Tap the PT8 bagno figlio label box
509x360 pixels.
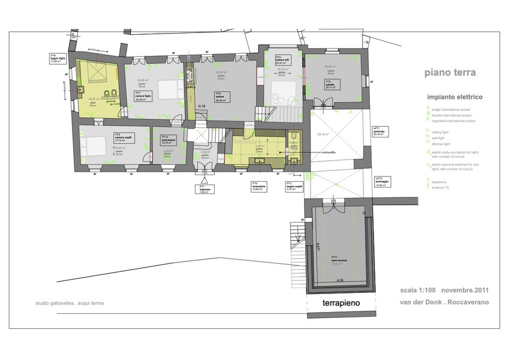(58, 59)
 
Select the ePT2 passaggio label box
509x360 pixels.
(382, 182)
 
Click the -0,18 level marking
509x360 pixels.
(201, 106)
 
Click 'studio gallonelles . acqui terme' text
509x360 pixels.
(70, 303)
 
